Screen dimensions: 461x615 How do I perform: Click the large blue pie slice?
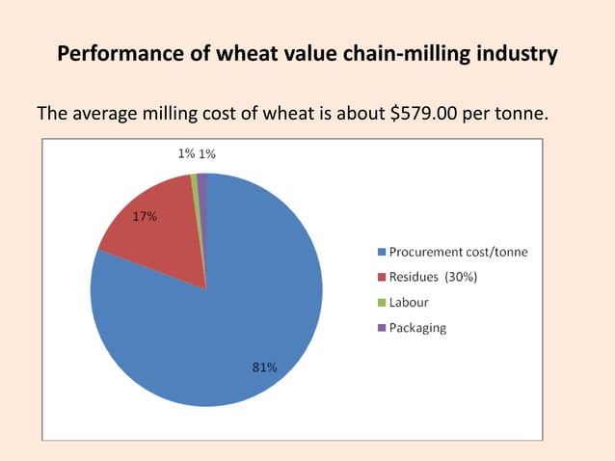[x=222, y=318]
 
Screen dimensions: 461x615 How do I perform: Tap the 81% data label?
[x=264, y=367]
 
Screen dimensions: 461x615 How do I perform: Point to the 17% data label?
[x=145, y=217]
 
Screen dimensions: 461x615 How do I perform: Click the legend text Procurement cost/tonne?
[x=458, y=253]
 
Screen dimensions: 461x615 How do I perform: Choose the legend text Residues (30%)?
[x=433, y=278]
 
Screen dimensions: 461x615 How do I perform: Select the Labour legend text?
[x=409, y=302]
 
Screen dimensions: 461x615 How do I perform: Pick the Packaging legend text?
[x=417, y=327]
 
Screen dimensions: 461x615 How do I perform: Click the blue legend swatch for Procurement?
[x=381, y=253]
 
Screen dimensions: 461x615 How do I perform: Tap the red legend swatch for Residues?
[x=381, y=278]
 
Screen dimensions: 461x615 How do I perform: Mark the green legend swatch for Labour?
[x=381, y=303]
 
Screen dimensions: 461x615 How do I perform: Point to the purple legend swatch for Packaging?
[x=381, y=328]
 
